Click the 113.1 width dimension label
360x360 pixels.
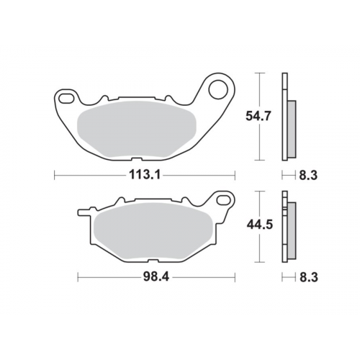click(145, 173)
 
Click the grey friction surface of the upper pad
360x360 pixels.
click(137, 127)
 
